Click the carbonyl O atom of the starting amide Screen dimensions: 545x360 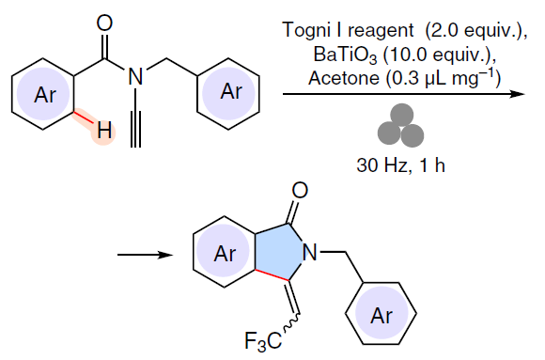pos(104,23)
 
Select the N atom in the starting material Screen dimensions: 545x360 pos(135,76)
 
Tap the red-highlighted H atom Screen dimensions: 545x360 pos(104,131)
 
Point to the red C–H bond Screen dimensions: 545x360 pos(84,117)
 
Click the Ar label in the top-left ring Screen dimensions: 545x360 pos(45,95)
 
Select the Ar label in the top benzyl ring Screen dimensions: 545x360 pos(231,92)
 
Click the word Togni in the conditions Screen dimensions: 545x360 pos(307,31)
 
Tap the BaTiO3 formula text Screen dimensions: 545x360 pos(345,55)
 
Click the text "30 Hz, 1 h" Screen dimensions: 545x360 pos(400,165)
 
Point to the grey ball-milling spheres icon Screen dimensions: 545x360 pos(400,125)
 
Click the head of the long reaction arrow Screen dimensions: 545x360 pos(521,94)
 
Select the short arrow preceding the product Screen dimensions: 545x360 pos(145,255)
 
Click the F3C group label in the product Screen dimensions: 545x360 pos(263,341)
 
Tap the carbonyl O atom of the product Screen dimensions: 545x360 pos(300,191)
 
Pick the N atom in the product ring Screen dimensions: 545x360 pos(310,252)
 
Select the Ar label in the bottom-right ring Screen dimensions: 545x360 pos(381,316)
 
